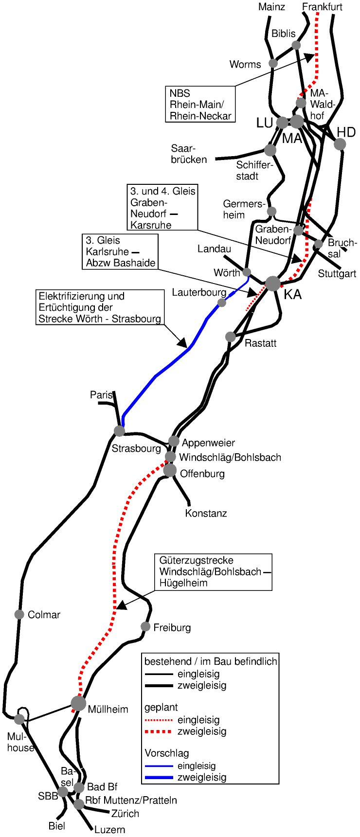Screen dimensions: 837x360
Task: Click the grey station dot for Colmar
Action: click(19, 614)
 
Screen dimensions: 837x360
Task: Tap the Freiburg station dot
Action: click(145, 626)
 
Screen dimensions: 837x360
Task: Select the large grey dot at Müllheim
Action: click(78, 703)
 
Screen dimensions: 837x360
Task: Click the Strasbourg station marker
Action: click(119, 430)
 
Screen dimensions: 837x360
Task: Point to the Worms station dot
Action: click(273, 63)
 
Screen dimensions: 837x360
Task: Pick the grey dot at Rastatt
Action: click(231, 337)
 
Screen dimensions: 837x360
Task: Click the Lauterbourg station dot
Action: click(222, 303)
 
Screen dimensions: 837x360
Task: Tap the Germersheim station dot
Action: click(272, 211)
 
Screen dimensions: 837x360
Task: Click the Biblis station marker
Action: click(296, 45)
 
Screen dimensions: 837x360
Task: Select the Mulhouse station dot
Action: click(19, 719)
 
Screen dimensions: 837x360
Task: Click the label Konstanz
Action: click(206, 513)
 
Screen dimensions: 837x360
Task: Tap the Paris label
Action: click(101, 395)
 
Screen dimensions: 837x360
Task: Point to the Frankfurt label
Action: click(322, 7)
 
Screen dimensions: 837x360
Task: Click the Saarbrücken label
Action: click(189, 154)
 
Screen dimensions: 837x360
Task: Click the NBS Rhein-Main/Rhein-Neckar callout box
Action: click(200, 104)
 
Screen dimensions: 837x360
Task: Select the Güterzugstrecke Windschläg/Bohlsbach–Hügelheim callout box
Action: click(213, 572)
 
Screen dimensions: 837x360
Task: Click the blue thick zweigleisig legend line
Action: click(159, 777)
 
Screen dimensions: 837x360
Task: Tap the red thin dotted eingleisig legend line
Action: click(159, 720)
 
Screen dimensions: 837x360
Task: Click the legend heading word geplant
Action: click(161, 707)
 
